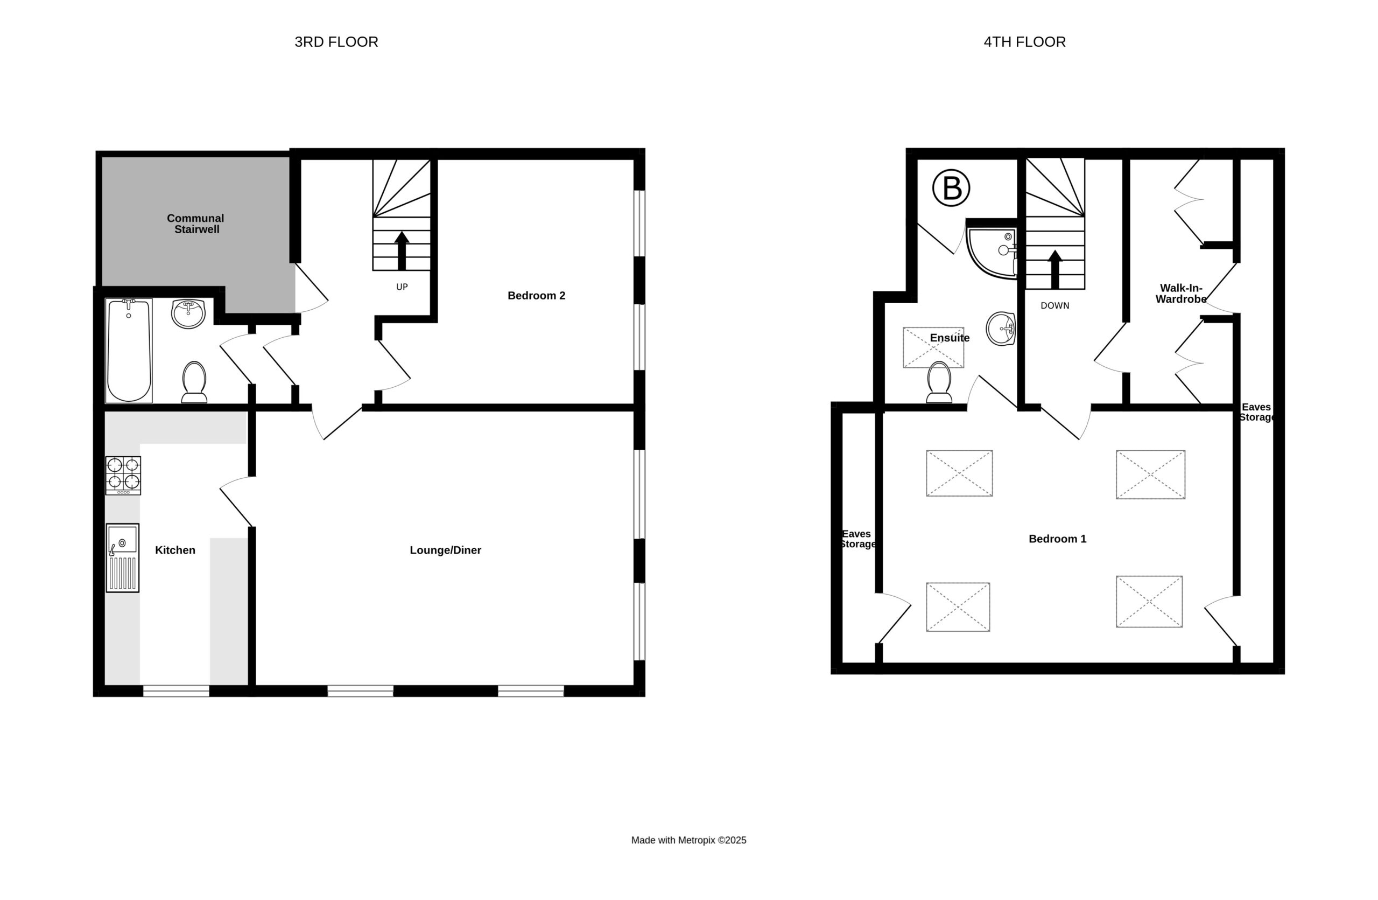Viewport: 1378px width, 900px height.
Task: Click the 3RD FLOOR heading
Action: (336, 41)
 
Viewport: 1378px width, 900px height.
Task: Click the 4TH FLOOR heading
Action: (1024, 41)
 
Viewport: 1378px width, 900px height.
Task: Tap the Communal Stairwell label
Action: (196, 224)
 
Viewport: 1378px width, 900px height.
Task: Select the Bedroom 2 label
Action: (536, 295)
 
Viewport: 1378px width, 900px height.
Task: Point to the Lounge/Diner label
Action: (445, 550)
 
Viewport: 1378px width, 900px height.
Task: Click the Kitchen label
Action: (175, 550)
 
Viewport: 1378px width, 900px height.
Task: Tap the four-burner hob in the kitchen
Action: (123, 476)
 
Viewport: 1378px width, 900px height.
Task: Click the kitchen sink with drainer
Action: (123, 558)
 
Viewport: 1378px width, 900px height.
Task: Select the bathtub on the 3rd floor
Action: (129, 351)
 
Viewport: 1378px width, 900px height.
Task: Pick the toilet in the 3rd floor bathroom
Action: (194, 382)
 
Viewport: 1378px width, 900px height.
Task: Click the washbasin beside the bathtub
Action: (188, 313)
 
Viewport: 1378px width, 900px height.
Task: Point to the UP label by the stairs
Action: (402, 287)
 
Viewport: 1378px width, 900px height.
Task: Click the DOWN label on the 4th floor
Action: (1055, 305)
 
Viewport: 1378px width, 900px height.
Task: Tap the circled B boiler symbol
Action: (951, 187)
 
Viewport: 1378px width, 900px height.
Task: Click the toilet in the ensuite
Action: (939, 382)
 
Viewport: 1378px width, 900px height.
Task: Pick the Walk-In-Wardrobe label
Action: (1181, 294)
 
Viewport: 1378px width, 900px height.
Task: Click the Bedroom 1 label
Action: (1057, 539)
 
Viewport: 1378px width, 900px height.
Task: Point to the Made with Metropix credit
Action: (688, 840)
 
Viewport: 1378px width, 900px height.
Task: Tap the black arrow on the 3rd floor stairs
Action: (402, 251)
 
